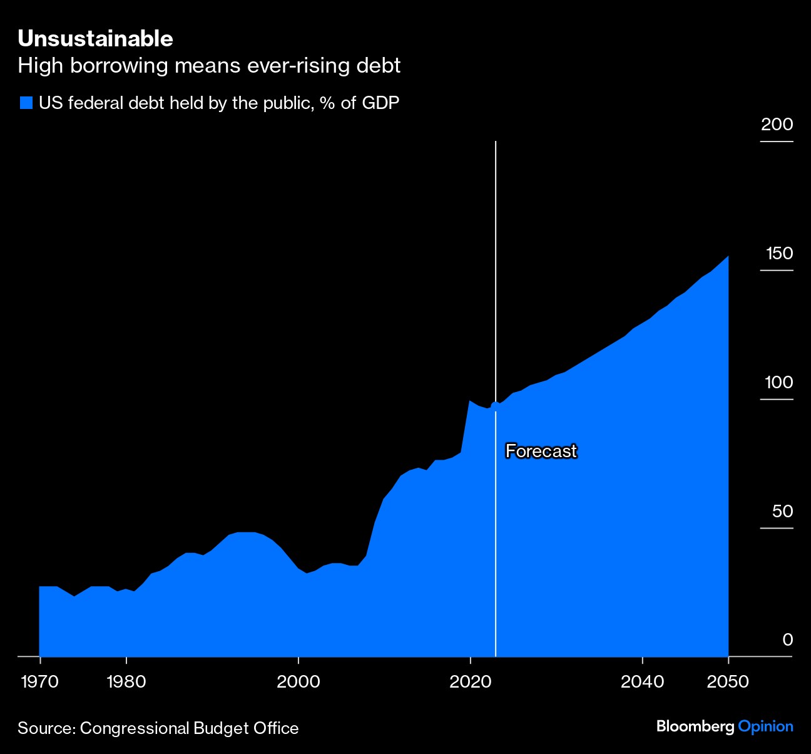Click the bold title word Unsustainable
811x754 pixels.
95,39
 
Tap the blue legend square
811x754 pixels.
26,103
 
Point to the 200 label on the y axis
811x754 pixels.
777,124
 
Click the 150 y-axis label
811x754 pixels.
779,254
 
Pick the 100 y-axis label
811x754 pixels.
779,382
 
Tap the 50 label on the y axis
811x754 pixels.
782,511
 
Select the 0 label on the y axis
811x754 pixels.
787,639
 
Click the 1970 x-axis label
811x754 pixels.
40,681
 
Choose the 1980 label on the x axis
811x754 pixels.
126,681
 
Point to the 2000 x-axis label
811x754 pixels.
298,681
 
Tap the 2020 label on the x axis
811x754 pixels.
471,681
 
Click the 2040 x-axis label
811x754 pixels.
643,681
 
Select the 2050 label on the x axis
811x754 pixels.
728,681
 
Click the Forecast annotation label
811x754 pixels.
541,451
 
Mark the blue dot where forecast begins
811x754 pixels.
496,406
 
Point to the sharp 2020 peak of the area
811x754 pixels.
469,400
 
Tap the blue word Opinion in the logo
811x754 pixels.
766,726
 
